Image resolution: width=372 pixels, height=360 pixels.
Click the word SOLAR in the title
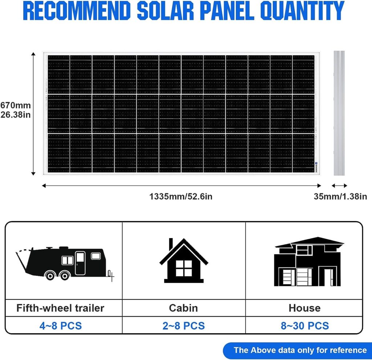pos(165,11)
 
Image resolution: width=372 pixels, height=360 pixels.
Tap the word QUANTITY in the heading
pos(302,11)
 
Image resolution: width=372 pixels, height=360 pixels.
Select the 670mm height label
pos(15,105)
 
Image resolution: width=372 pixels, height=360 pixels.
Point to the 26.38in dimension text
pos(15,115)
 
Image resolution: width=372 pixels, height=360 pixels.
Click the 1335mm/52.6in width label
pos(181,196)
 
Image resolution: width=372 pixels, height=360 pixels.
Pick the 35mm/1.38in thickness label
pos(340,196)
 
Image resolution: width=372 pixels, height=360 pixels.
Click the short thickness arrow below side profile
pos(339,185)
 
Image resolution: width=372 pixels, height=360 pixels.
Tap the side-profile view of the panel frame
pos(339,113)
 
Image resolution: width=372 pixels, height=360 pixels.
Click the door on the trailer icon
pos(80,263)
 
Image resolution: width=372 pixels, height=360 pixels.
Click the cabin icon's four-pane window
pos(183,268)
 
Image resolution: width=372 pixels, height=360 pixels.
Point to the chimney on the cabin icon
pos(171,244)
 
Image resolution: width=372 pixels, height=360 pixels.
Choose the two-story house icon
pos(309,262)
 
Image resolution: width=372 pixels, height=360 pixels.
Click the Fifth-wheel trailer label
pos(60,308)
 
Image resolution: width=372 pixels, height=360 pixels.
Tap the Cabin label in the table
pos(183,308)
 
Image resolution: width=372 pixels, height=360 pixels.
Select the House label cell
pos(305,308)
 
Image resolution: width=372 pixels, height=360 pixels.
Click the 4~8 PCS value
pos(61,326)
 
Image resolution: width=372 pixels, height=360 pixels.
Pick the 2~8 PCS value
pos(183,326)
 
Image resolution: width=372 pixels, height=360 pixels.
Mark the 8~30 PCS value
pos(305,326)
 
